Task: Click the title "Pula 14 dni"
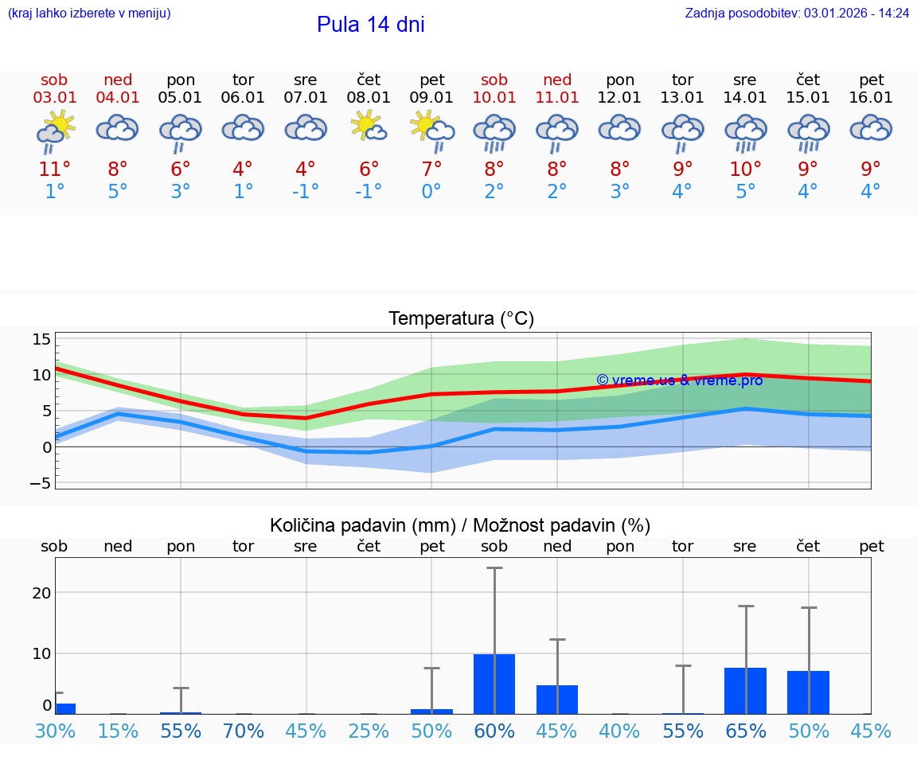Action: coord(370,25)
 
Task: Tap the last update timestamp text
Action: coord(797,14)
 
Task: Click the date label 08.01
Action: coord(369,98)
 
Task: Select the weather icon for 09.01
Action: coord(431,130)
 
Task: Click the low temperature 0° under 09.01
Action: coord(431,191)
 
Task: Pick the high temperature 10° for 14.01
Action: coord(745,169)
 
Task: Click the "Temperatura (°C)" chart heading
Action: coord(461,319)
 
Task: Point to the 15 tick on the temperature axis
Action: coord(41,340)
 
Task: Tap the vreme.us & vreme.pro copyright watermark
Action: coord(679,380)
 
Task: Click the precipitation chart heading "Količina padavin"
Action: coord(460,525)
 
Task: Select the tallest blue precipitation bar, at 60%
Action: coord(494,684)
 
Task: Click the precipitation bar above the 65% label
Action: coord(745,690)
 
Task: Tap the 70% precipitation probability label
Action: coord(243,731)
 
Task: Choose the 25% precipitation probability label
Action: coord(369,731)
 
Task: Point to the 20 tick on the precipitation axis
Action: coord(41,593)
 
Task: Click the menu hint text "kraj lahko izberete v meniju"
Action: coord(88,14)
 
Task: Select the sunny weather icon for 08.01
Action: coord(369,127)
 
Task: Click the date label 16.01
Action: coord(871,98)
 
